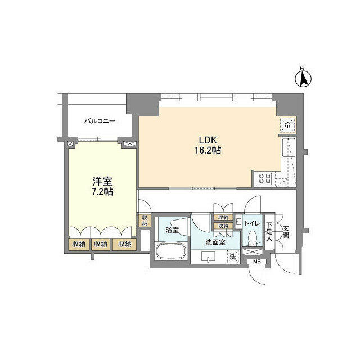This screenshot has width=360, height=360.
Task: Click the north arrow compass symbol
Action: coord(303,78)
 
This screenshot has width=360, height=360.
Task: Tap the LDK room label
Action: coord(208,140)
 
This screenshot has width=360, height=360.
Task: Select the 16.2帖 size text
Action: coord(208,150)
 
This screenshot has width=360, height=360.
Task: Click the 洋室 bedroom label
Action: coord(102,181)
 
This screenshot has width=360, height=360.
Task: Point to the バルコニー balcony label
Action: coord(100,121)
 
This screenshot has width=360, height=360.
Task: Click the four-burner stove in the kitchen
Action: coord(265,178)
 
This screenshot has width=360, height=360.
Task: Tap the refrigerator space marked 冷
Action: coord(287,125)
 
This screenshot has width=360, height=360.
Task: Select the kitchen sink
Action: coord(289,147)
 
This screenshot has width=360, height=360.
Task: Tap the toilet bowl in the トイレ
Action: coord(253,236)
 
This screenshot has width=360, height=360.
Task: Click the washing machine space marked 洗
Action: coord(233,256)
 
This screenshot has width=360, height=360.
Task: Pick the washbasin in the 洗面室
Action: coord(208,256)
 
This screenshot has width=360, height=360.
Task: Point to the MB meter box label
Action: coord(256,262)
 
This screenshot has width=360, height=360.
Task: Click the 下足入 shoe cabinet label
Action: coord(269,232)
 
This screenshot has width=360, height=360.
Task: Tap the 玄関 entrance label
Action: coord(285,231)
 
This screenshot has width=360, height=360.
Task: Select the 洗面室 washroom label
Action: coord(215,242)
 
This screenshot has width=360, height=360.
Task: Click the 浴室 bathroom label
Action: coord(172,230)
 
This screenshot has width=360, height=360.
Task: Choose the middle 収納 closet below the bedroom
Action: coord(100,244)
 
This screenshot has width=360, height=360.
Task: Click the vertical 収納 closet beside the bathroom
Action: coord(145,220)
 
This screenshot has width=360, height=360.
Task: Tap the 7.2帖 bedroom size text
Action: coord(102,191)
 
